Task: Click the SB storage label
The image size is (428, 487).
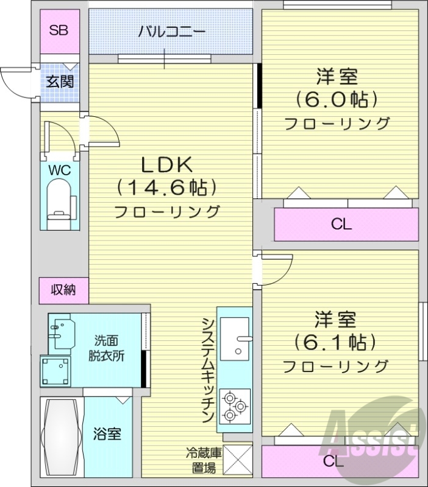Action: tap(59, 30)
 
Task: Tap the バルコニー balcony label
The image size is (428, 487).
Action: tap(171, 31)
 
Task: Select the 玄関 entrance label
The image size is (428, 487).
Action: tap(60, 80)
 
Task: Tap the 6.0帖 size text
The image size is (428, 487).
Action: tap(337, 99)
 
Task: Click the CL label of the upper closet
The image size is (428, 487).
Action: tap(341, 225)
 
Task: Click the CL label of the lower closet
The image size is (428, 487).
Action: tap(333, 461)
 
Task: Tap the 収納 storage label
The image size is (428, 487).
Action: tap(63, 290)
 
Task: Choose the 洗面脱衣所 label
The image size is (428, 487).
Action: tap(109, 349)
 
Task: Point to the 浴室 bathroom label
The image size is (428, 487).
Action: tap(107, 435)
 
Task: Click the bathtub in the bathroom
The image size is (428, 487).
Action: tap(62, 437)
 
